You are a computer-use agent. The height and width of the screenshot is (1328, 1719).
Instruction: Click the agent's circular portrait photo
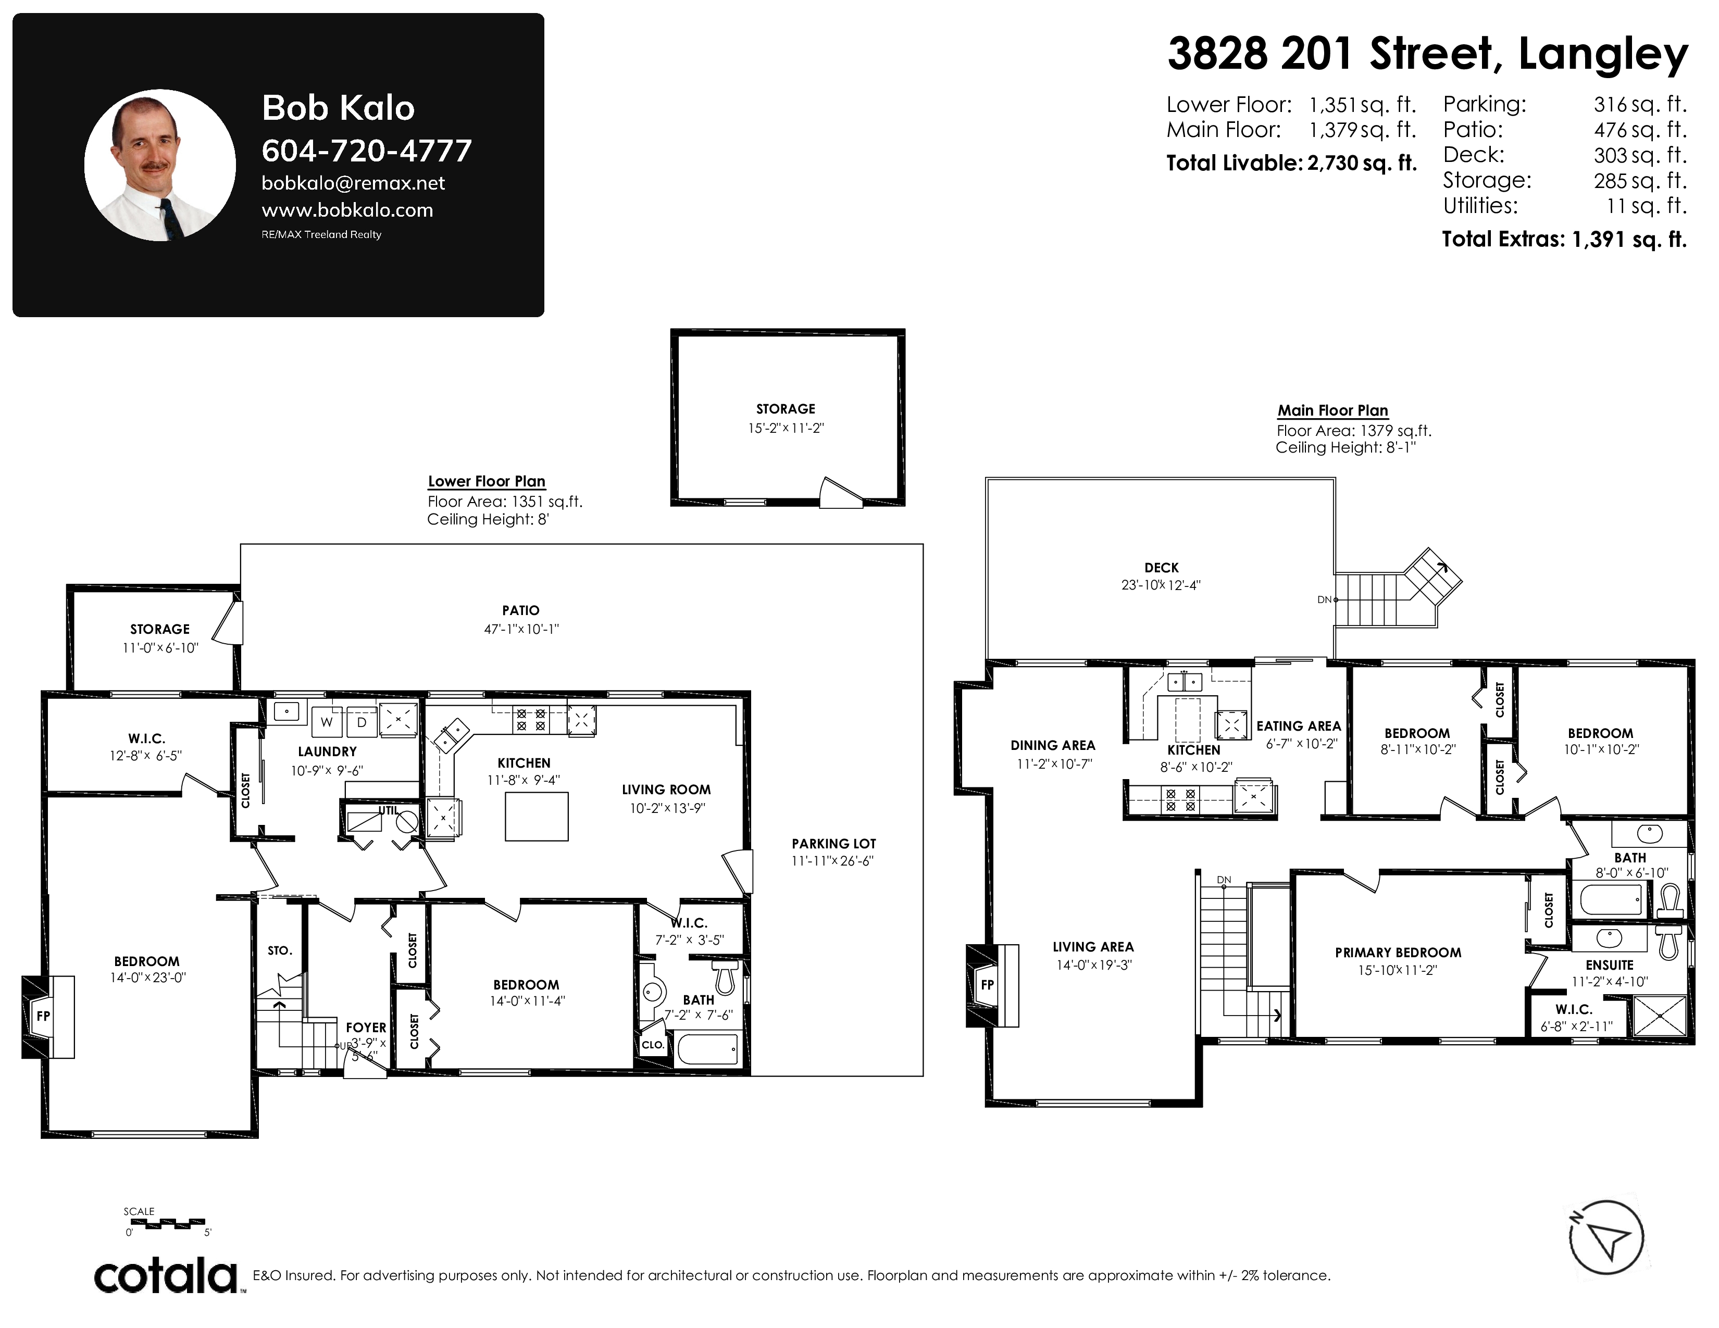point(160,165)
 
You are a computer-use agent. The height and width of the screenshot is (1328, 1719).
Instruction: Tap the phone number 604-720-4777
point(367,151)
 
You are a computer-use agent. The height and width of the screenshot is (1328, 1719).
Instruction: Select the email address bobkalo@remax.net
point(353,183)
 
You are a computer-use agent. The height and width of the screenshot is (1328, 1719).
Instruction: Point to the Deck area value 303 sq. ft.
point(1640,155)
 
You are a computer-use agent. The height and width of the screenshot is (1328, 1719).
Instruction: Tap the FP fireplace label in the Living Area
point(988,984)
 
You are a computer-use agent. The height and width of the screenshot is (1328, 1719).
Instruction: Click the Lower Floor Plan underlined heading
point(487,482)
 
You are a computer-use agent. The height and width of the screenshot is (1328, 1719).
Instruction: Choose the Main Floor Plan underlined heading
point(1332,411)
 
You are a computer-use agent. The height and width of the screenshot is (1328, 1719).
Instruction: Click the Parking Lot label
point(833,843)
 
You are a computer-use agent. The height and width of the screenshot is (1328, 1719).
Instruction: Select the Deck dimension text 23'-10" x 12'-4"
point(1161,585)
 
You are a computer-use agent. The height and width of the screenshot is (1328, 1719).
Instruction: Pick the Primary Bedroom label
point(1398,953)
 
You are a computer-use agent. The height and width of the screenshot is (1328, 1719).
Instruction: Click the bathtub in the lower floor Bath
point(707,1049)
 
